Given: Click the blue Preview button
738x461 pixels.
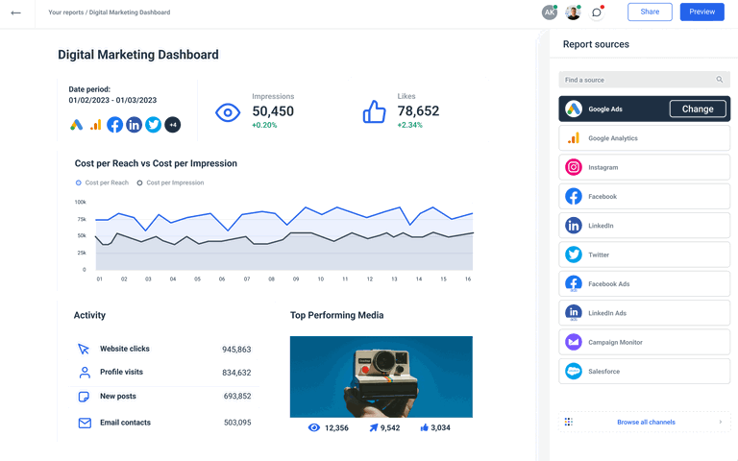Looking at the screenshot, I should coord(701,12).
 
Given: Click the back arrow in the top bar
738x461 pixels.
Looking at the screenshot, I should coord(15,12).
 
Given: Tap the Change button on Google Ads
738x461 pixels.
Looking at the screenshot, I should coord(698,109).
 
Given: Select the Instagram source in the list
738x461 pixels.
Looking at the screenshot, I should coord(644,167).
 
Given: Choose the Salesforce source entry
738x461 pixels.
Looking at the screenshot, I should coord(644,371).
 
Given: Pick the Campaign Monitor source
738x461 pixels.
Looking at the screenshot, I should coord(644,342).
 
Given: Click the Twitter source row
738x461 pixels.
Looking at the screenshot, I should coord(644,255).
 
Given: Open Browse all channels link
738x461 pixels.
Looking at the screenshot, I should coord(646,422).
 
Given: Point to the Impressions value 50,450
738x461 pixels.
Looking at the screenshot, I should coord(273,111).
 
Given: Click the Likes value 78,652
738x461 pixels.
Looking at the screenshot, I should coord(418,111).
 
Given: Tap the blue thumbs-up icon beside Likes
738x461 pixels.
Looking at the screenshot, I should coord(374,112).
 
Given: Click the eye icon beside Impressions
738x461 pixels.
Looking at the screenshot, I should coord(227,112).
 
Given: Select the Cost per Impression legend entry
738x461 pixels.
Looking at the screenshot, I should coord(175,182).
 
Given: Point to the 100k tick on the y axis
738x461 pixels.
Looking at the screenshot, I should coord(80,202).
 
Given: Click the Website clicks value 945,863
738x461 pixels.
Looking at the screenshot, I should coord(236,350).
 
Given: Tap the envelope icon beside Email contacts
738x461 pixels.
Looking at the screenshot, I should coord(84,423).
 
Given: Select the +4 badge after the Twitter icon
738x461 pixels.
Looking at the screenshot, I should coord(173,125).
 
